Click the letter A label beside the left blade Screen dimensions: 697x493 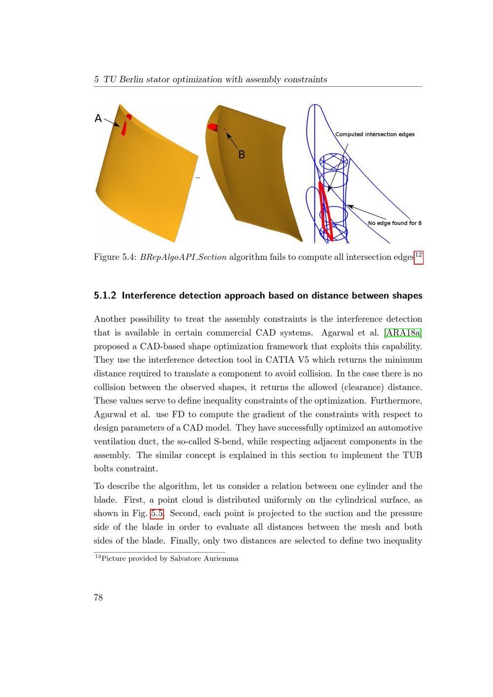[98, 118]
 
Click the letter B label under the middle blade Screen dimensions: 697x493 [242, 155]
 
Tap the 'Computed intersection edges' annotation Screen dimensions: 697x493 [375, 134]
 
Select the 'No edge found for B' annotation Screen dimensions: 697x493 [394, 223]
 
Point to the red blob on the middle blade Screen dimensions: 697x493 [212, 127]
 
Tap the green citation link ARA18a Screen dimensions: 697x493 [403, 333]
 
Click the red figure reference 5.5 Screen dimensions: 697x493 [157, 514]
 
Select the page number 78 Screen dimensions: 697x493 [98, 597]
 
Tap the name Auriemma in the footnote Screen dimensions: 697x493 [221, 558]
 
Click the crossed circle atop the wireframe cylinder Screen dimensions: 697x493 [334, 162]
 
